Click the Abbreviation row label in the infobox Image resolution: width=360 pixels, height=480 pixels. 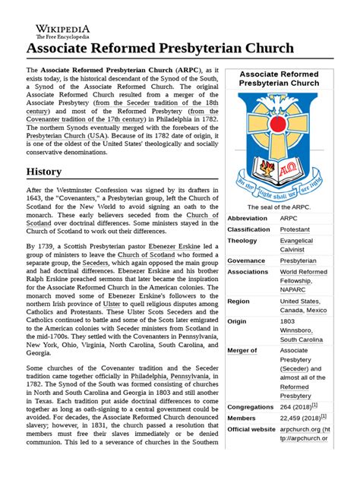[x=248, y=219]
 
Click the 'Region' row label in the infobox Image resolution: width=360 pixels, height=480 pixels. [x=238, y=302]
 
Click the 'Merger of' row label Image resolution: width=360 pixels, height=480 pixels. [x=243, y=351]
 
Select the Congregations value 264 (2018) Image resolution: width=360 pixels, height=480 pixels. [x=300, y=406]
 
